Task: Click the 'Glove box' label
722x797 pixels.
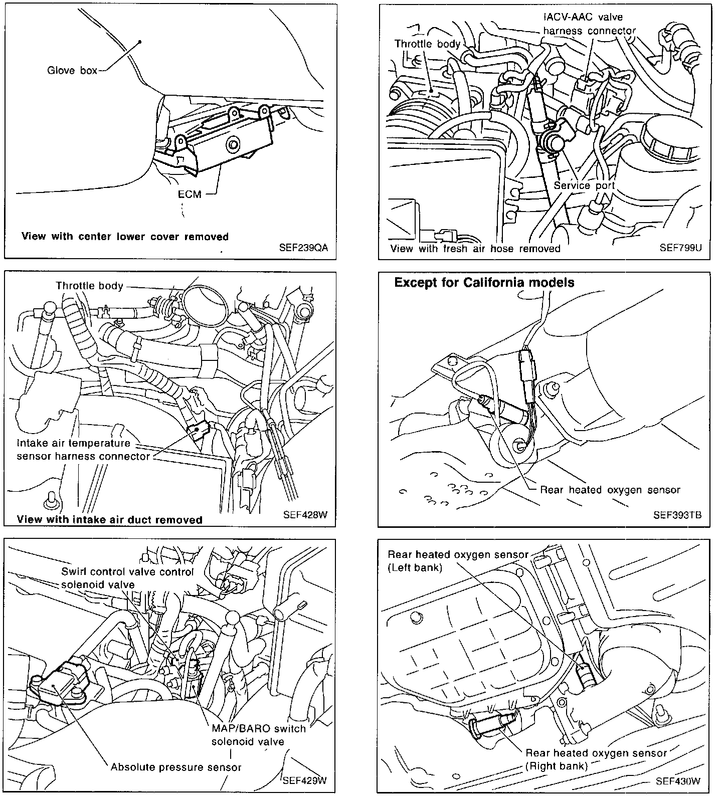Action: click(72, 70)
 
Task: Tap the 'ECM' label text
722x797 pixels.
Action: click(190, 194)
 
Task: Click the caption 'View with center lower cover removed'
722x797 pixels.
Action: click(125, 237)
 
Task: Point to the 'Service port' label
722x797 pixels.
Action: click(584, 185)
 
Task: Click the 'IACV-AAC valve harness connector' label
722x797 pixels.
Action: click(589, 24)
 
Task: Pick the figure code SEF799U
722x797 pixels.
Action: click(680, 248)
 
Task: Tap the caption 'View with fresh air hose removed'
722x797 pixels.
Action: click(475, 249)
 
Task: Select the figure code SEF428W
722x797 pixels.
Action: click(305, 515)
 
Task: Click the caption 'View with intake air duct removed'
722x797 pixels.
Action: click(109, 520)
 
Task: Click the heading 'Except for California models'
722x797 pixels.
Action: click(484, 283)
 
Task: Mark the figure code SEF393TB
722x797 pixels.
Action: click(677, 515)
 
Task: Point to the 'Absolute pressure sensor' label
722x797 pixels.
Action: click(176, 767)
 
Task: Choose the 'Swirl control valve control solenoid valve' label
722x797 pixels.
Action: click(127, 578)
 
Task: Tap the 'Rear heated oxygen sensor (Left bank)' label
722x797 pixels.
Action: click(458, 561)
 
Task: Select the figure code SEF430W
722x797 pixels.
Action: click(677, 781)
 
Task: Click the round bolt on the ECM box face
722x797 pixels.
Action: click(234, 146)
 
